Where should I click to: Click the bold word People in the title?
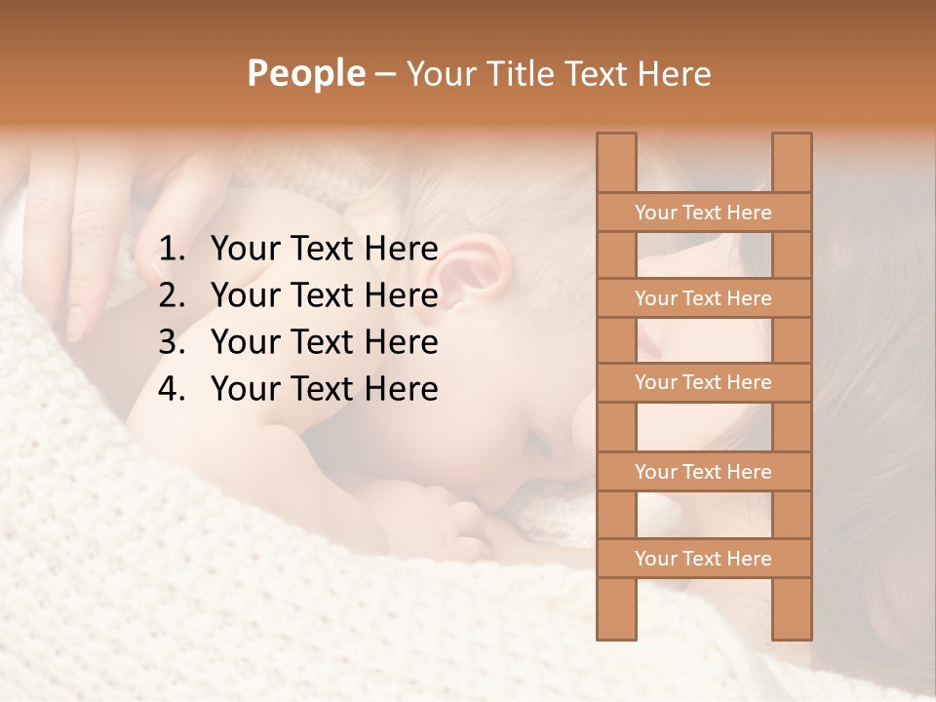click(305, 73)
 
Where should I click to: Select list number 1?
click(172, 250)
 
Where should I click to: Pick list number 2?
click(172, 295)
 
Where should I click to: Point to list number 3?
click(172, 342)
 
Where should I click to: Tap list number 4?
click(172, 389)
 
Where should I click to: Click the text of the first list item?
click(324, 250)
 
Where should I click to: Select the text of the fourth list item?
click(324, 389)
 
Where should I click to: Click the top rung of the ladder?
click(703, 213)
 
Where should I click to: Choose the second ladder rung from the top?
click(703, 298)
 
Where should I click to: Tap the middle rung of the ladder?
click(703, 382)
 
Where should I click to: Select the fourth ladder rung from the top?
click(703, 472)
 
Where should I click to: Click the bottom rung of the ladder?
click(703, 559)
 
